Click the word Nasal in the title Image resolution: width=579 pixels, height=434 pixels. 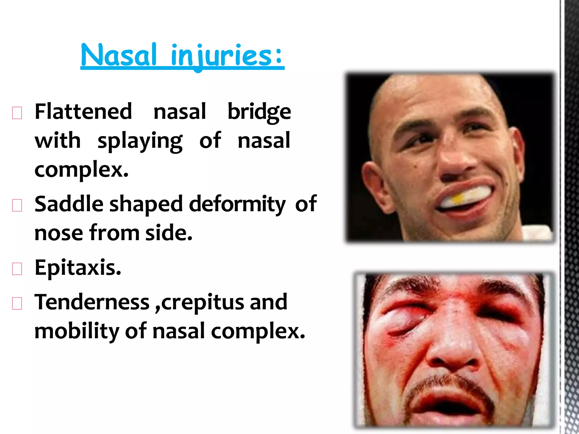point(118,55)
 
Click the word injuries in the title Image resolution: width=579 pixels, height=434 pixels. point(222,56)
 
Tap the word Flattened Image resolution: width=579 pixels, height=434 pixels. point(83,112)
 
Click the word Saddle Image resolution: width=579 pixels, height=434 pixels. point(69,204)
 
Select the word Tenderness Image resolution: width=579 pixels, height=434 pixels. point(92,302)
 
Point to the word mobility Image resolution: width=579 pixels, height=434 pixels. point(76,331)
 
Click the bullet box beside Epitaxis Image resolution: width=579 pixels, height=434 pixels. point(17,269)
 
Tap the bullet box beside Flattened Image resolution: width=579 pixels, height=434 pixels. point(17,113)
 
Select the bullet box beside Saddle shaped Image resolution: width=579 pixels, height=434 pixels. point(17,205)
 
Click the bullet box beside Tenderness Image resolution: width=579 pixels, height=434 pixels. point(17,303)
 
